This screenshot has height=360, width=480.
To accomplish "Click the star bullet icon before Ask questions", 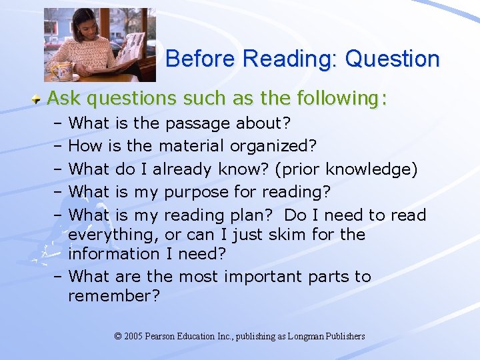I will coord(39,99).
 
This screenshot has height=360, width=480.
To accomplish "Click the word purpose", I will coord(197,193).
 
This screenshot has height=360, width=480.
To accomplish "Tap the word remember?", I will coord(114,296).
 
